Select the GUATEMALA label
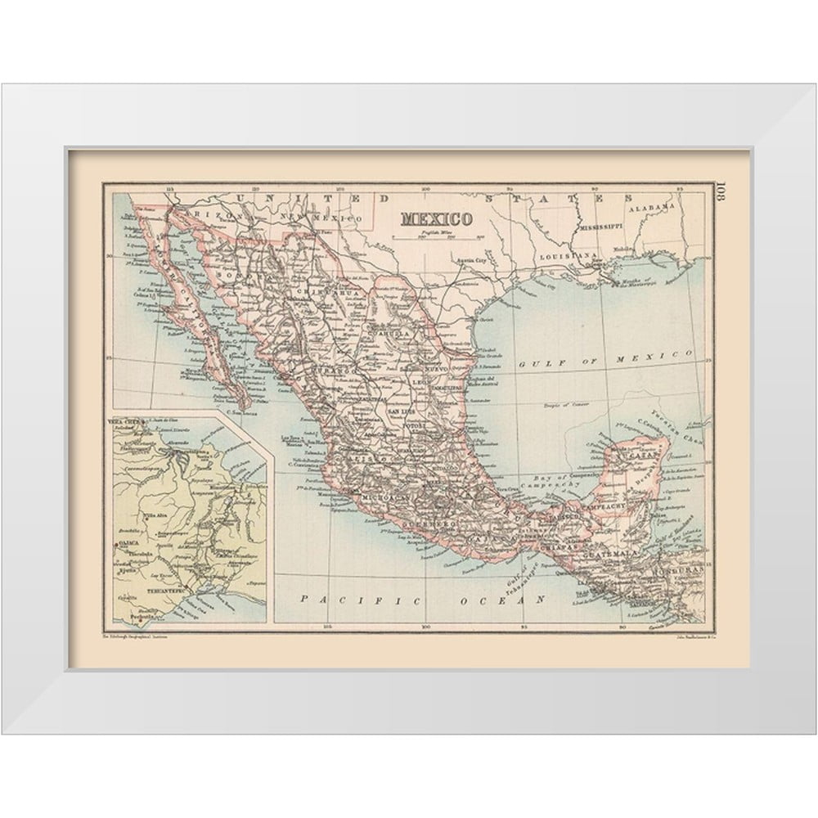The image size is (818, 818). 606,554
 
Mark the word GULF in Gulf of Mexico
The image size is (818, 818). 533,362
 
